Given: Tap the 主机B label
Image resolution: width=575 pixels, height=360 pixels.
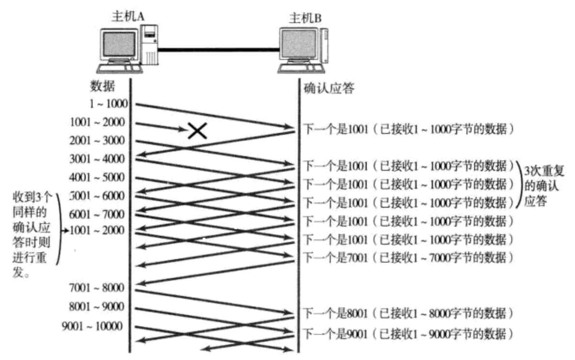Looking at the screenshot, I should (x=305, y=18).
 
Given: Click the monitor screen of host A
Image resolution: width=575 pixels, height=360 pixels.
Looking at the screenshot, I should (x=118, y=44).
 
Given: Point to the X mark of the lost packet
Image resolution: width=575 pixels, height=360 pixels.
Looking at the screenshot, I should (x=196, y=130).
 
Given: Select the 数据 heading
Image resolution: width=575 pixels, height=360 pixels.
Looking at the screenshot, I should (x=103, y=86).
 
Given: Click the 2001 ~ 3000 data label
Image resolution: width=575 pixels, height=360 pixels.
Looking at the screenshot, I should (x=97, y=140).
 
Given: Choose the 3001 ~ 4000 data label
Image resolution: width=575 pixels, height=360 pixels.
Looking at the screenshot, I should (x=97, y=159).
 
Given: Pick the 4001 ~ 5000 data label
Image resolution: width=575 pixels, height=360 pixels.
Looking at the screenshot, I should (x=97, y=177).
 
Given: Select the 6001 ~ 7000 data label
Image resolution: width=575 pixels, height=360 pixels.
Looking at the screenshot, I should (x=97, y=214).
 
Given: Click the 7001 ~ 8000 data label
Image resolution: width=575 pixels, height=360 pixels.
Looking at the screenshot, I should (x=97, y=288).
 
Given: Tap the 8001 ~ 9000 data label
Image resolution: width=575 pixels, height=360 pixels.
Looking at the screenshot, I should (x=97, y=307).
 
